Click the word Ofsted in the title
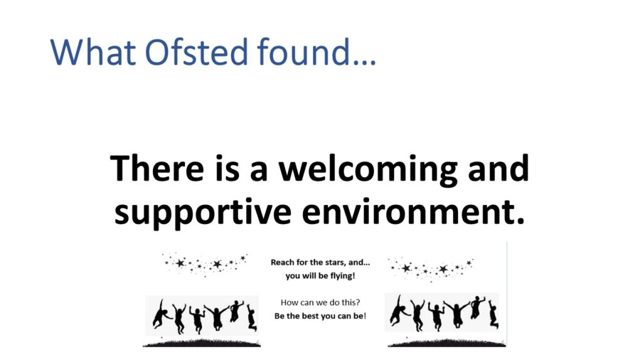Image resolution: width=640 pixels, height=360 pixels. click(196, 52)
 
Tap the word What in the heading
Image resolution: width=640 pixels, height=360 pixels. click(93, 52)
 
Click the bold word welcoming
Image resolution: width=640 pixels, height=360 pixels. click(368, 170)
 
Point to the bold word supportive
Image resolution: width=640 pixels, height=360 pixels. click(203, 213)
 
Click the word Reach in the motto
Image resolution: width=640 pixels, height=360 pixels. click(280, 262)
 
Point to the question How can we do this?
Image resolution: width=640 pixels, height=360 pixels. click(321, 302)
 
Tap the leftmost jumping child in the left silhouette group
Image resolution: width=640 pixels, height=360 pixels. click(162, 314)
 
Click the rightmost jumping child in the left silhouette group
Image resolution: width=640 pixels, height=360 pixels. click(252, 317)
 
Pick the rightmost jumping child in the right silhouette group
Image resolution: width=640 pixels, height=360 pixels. click(493, 314)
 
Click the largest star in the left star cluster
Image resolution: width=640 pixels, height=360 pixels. click(180, 263)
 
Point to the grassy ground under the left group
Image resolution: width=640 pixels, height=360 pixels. click(201, 343)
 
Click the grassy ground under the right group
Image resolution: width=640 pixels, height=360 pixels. click(447, 343)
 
